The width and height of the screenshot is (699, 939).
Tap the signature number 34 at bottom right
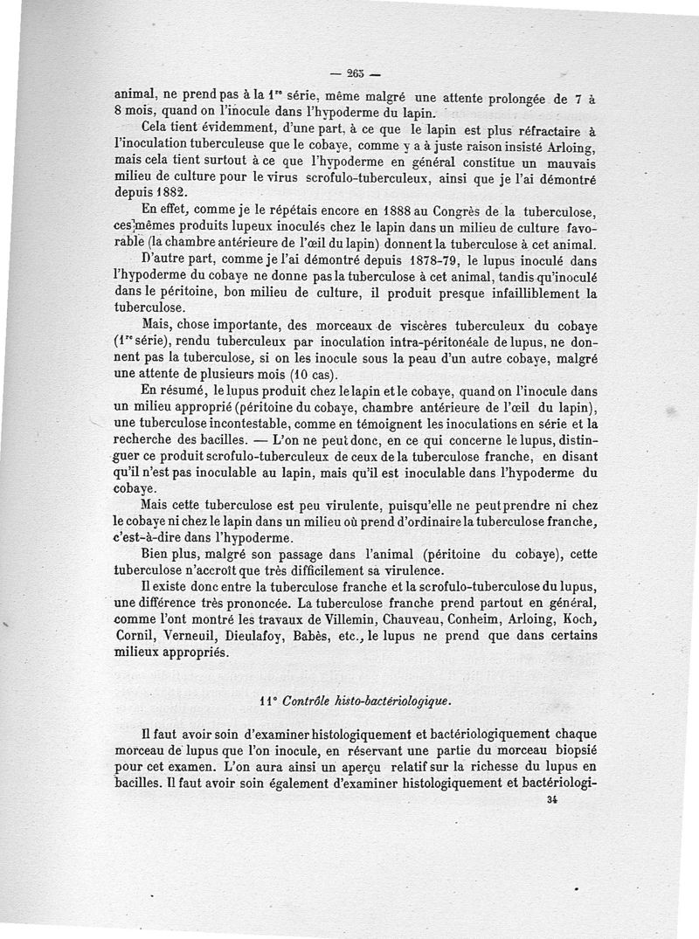point(550,799)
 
